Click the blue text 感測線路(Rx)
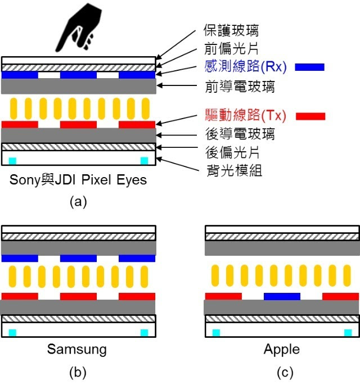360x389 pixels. point(244,67)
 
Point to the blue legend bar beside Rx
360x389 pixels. point(310,67)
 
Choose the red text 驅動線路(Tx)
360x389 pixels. point(244,116)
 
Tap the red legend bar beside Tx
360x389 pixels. point(310,116)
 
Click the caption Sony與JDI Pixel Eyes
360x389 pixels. point(79,180)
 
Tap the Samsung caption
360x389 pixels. point(76,349)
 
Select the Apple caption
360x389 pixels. point(282,349)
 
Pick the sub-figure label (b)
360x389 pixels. point(78,373)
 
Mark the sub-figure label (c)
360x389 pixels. point(282,373)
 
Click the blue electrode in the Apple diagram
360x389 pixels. point(282,296)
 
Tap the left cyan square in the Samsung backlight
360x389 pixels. point(12,332)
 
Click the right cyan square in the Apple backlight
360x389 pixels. point(348,332)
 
